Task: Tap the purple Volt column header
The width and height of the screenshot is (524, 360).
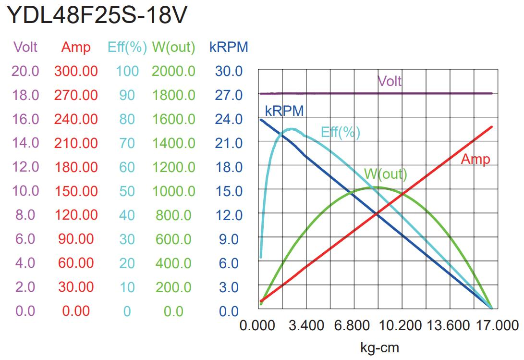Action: [25, 47]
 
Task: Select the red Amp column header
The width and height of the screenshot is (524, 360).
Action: [76, 47]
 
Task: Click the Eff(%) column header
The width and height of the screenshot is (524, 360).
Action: [127, 47]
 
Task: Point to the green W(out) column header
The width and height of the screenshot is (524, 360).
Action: [174, 47]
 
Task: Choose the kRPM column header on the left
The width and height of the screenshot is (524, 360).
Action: [229, 47]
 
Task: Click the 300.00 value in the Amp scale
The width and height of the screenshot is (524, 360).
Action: [76, 71]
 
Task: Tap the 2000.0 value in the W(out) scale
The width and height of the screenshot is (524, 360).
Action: [174, 71]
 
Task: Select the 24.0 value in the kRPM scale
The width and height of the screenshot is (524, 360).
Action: [229, 119]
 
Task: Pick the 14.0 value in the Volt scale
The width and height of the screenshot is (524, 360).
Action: [25, 143]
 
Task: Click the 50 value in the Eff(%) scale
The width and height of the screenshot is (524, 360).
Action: [127, 191]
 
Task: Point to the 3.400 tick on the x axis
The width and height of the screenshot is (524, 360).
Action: [306, 325]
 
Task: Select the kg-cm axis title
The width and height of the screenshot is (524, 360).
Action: [379, 347]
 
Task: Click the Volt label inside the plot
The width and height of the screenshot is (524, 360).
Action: [390, 81]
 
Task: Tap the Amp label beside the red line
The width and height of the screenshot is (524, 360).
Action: [475, 159]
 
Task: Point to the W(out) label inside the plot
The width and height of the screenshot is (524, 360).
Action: [386, 174]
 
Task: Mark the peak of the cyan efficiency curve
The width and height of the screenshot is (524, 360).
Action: [291, 129]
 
